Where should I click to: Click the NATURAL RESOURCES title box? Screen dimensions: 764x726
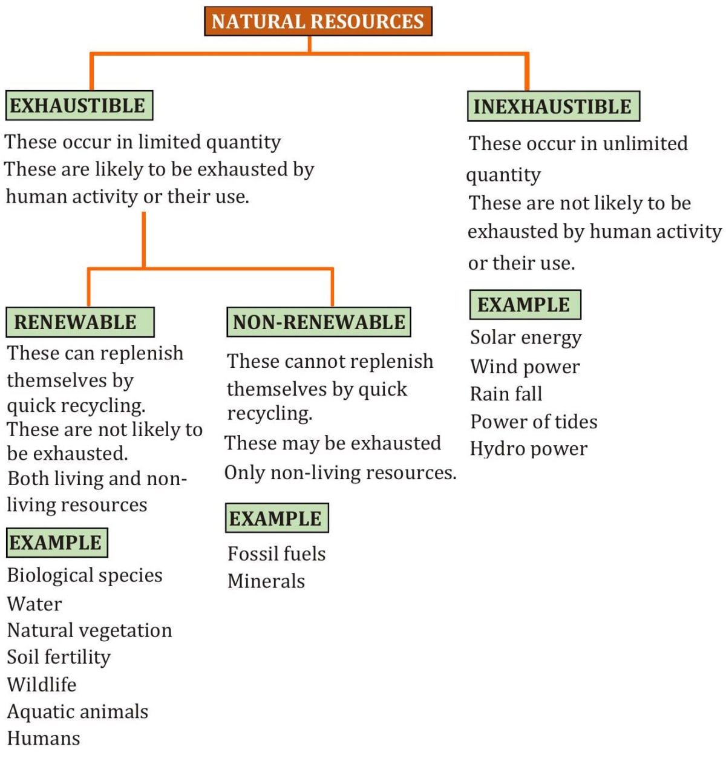tap(318, 21)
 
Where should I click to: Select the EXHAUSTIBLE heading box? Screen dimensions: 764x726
tap(79, 106)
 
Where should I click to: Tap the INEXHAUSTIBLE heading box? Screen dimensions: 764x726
tap(553, 106)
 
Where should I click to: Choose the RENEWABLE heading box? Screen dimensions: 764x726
tap(79, 322)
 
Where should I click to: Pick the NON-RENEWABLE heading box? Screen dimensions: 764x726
tap(318, 322)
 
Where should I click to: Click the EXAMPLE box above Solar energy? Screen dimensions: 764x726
tap(525, 304)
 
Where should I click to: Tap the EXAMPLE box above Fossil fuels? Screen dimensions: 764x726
tap(276, 518)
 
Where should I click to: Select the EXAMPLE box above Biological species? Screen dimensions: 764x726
tap(56, 542)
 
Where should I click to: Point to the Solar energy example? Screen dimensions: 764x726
tap(526, 338)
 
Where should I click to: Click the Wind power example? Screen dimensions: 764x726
tap(525, 367)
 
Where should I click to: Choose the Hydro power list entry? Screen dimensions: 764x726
tap(528, 449)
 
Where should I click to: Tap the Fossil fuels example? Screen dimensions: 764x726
tap(276, 553)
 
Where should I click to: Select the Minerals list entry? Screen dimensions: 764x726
tap(266, 581)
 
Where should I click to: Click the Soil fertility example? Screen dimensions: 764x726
tap(59, 657)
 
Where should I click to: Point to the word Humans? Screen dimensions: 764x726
tap(44, 738)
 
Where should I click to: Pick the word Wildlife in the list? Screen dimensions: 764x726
tap(42, 684)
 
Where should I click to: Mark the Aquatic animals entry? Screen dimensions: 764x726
tap(77, 711)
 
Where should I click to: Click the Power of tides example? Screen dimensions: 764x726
tap(534, 422)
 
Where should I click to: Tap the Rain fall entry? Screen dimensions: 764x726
tap(506, 394)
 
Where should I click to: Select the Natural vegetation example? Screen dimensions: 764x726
tap(90, 630)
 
